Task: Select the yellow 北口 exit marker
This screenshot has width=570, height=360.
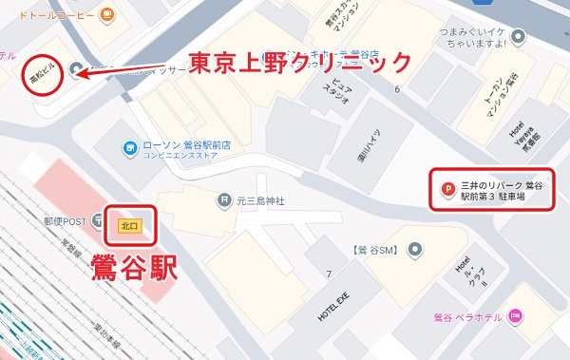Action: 127,226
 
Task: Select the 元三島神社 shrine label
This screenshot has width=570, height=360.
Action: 260,200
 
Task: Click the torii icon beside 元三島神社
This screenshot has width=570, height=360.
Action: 222,200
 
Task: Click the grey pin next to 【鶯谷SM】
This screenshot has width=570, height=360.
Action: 415,250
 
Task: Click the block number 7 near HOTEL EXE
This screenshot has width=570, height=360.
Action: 329,274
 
